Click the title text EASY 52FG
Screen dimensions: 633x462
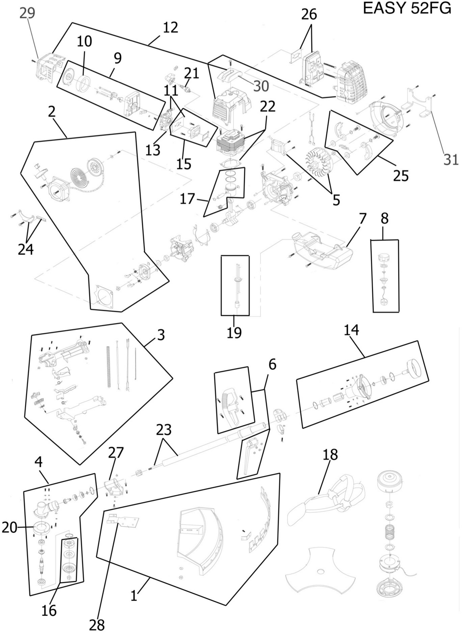pos(407,8)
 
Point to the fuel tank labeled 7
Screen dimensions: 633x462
pos(322,250)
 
